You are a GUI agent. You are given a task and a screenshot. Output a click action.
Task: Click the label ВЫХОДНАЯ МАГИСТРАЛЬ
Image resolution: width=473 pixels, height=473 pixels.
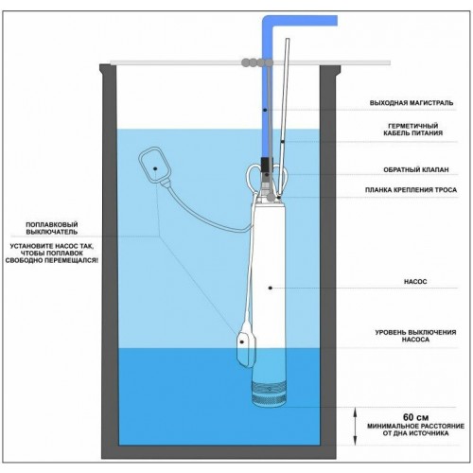(x=412, y=103)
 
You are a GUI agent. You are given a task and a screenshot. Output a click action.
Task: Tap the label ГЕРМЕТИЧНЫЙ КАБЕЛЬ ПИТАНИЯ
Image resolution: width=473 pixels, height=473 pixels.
(x=413, y=130)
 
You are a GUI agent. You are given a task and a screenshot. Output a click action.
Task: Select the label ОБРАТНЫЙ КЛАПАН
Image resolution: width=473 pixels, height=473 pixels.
(x=415, y=169)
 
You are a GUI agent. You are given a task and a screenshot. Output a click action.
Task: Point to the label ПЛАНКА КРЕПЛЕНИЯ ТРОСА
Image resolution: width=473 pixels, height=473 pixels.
(x=411, y=190)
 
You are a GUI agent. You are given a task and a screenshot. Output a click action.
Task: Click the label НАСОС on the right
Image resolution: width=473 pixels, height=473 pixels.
(x=415, y=281)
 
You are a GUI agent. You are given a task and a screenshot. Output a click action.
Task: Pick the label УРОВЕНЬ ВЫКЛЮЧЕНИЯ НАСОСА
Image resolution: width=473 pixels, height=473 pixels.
(x=415, y=336)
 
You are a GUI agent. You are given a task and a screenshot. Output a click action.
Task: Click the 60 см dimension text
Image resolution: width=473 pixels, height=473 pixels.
(x=415, y=417)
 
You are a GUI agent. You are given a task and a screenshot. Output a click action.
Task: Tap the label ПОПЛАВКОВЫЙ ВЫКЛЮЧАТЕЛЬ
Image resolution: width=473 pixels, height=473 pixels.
(x=52, y=228)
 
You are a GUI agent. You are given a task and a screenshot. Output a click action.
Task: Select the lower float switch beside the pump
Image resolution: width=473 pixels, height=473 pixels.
(x=246, y=348)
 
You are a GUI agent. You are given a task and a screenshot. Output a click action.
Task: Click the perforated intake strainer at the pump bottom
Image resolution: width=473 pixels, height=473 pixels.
(x=269, y=394)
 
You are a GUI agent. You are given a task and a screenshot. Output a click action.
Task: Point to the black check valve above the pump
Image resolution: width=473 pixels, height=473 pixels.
(x=267, y=165)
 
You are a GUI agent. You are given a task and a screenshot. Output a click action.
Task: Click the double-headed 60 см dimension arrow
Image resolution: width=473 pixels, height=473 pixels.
(x=355, y=426)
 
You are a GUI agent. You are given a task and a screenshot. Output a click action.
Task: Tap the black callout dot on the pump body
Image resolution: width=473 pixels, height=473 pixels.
(x=271, y=288)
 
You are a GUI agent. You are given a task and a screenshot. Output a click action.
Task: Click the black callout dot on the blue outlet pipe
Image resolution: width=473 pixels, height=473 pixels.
(x=265, y=110)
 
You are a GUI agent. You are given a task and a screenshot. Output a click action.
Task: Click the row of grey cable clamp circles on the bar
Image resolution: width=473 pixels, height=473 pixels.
(x=256, y=62)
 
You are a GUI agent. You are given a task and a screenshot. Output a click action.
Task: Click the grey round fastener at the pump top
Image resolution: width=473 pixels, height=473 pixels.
(x=271, y=197)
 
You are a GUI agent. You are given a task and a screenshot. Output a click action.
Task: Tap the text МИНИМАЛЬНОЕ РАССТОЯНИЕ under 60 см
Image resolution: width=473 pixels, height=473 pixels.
(x=415, y=427)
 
